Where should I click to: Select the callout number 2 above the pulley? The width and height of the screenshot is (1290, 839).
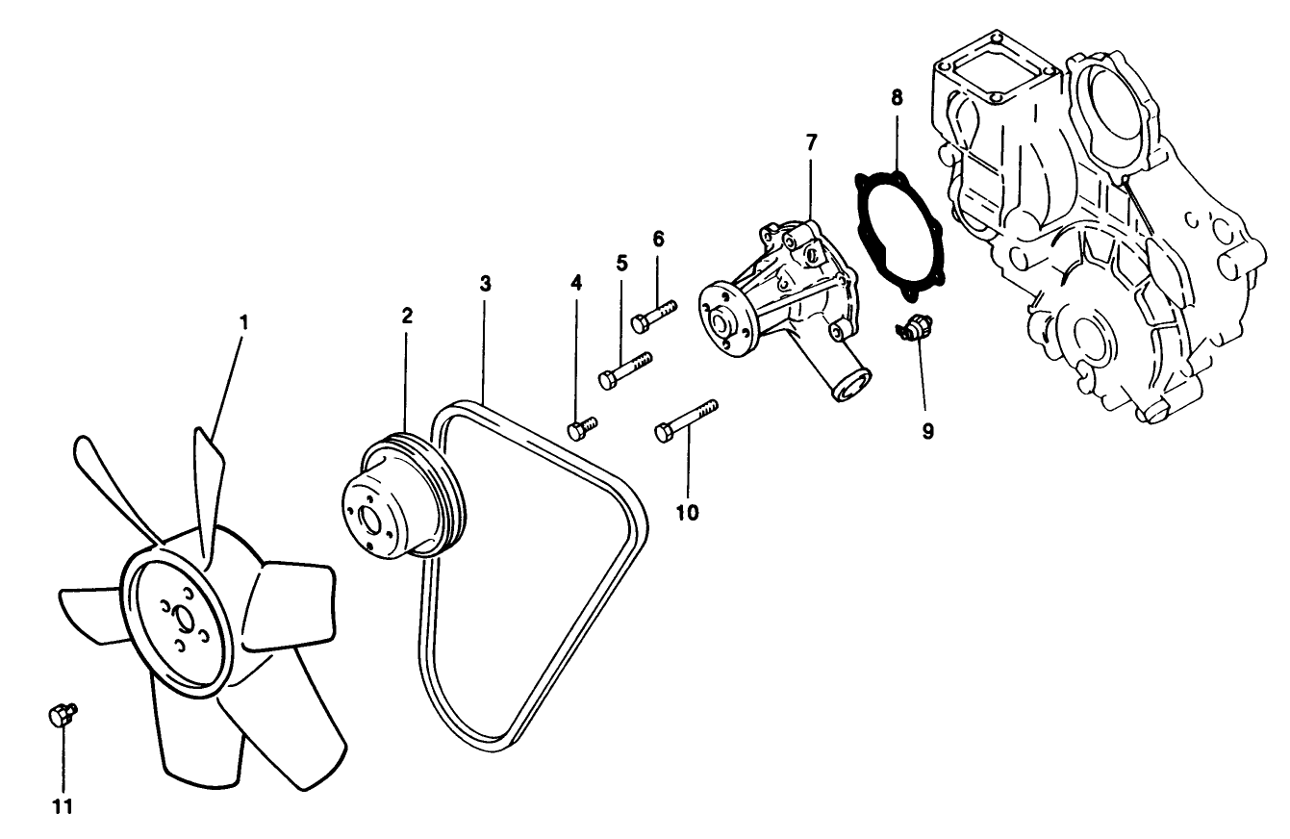(x=407, y=315)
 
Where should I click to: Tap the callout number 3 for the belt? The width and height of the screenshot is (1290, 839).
(x=486, y=283)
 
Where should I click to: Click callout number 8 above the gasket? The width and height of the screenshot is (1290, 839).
(x=897, y=97)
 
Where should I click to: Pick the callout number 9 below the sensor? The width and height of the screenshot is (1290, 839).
(x=928, y=431)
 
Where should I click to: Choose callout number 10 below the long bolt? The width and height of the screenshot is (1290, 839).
(x=687, y=512)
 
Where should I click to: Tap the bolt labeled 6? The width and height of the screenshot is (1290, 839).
(x=654, y=315)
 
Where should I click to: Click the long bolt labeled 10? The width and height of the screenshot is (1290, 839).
(x=686, y=420)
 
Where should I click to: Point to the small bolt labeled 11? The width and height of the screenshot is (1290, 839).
(x=61, y=714)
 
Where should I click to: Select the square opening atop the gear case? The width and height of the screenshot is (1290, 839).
(x=1000, y=67)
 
